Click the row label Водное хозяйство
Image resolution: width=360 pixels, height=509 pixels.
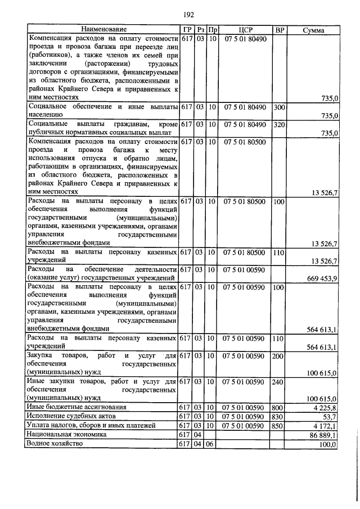pyautogui.click(x=55, y=444)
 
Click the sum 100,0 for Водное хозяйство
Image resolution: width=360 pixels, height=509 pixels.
pyautogui.click(x=327, y=444)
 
